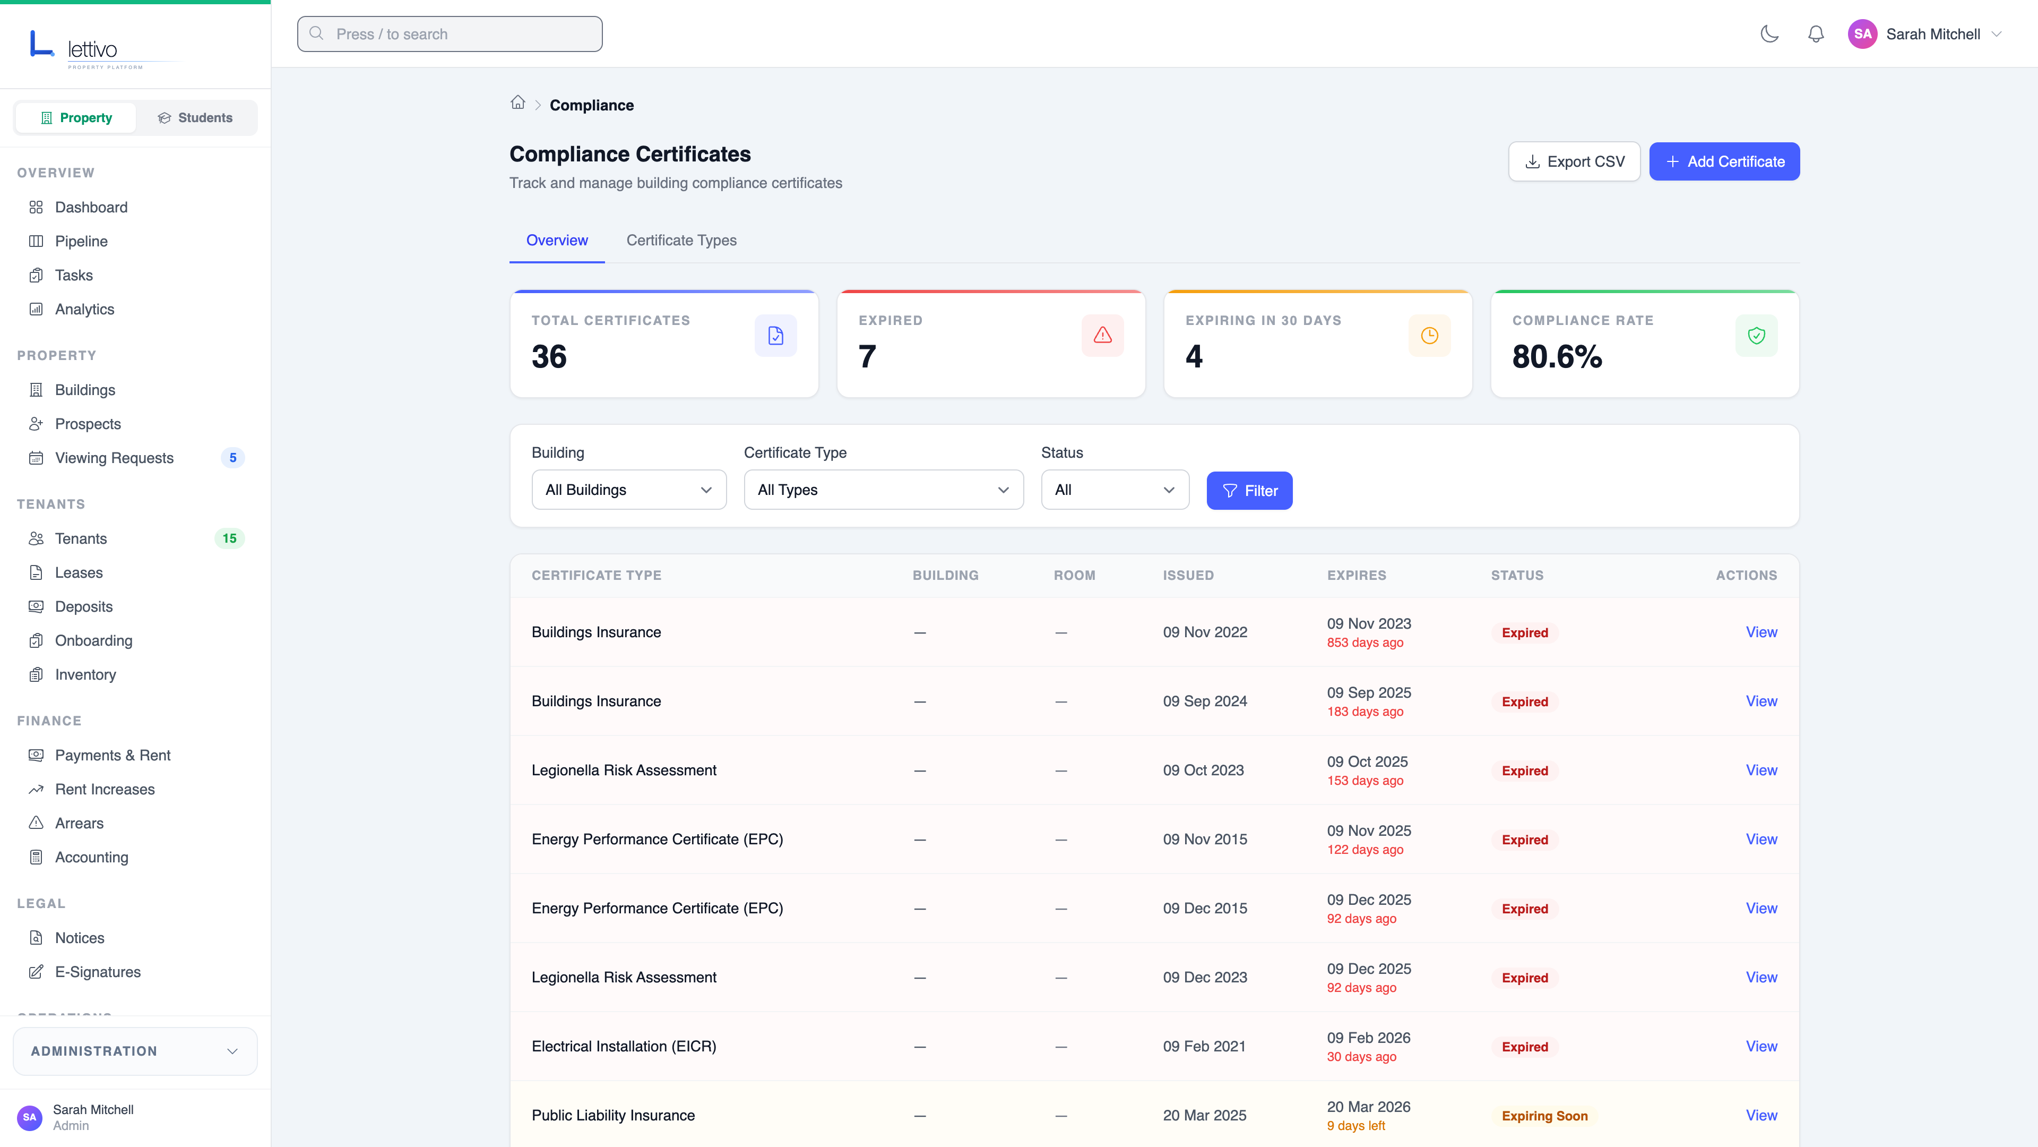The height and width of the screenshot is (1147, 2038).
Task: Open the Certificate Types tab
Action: tap(681, 240)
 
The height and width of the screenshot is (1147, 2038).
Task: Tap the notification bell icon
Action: tap(1816, 34)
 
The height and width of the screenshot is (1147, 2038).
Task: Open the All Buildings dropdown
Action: tap(628, 490)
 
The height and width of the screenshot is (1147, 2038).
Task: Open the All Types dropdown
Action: tap(883, 490)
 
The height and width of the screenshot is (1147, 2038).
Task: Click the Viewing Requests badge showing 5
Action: tap(232, 458)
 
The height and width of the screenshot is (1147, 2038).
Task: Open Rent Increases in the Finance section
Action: tap(105, 789)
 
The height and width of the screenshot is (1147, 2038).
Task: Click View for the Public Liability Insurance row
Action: tap(1761, 1115)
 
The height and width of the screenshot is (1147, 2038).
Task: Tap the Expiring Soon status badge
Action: tap(1544, 1116)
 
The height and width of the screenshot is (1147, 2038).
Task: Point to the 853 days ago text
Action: tap(1365, 643)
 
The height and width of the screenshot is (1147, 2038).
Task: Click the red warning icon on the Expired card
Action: tap(1102, 336)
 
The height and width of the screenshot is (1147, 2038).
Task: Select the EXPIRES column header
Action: tap(1356, 576)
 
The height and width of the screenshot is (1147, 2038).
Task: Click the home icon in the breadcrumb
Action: tap(517, 103)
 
